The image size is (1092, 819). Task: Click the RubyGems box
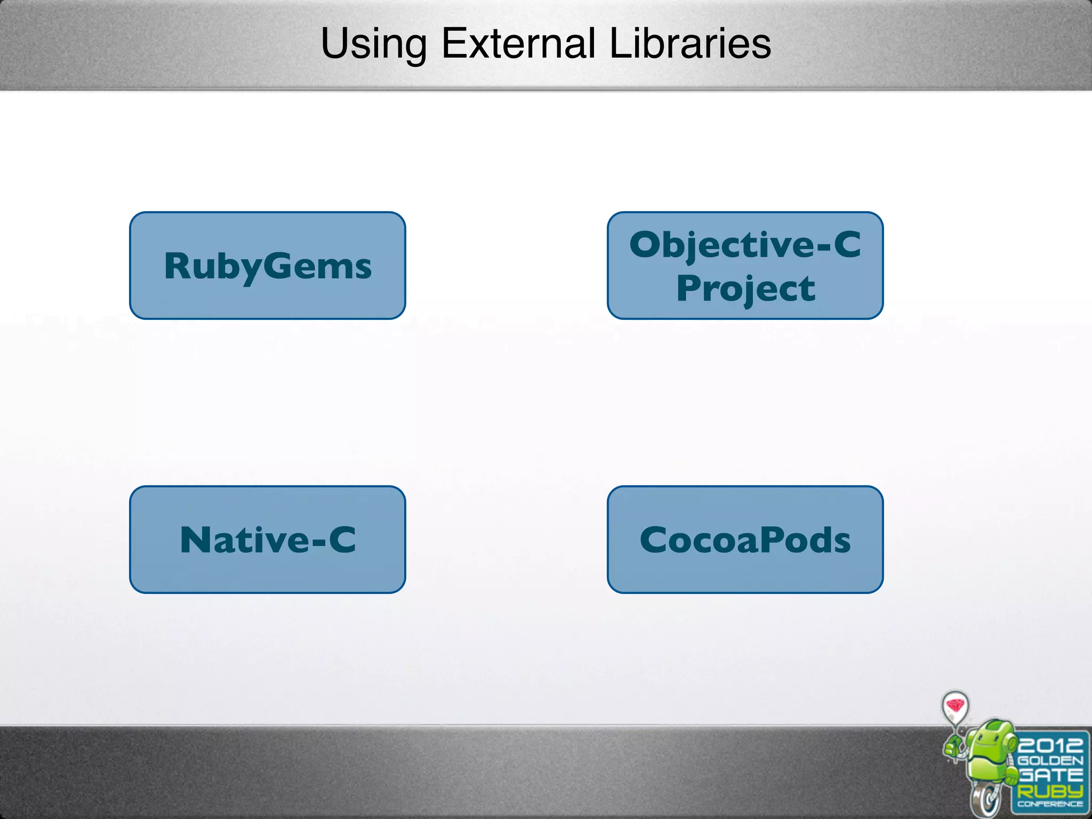(268, 266)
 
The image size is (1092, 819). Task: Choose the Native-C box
(268, 540)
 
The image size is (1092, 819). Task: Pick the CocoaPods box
(745, 540)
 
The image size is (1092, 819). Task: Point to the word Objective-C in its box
(745, 244)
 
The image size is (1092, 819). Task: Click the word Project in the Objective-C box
(745, 289)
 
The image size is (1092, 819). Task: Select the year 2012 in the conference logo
(1050, 745)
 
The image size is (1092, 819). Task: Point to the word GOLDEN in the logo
(1050, 760)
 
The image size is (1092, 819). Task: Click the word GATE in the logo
(1050, 775)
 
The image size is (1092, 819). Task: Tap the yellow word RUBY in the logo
(1050, 791)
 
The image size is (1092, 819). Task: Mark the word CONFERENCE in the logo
(1050, 804)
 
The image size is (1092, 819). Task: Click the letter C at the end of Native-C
(342, 540)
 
